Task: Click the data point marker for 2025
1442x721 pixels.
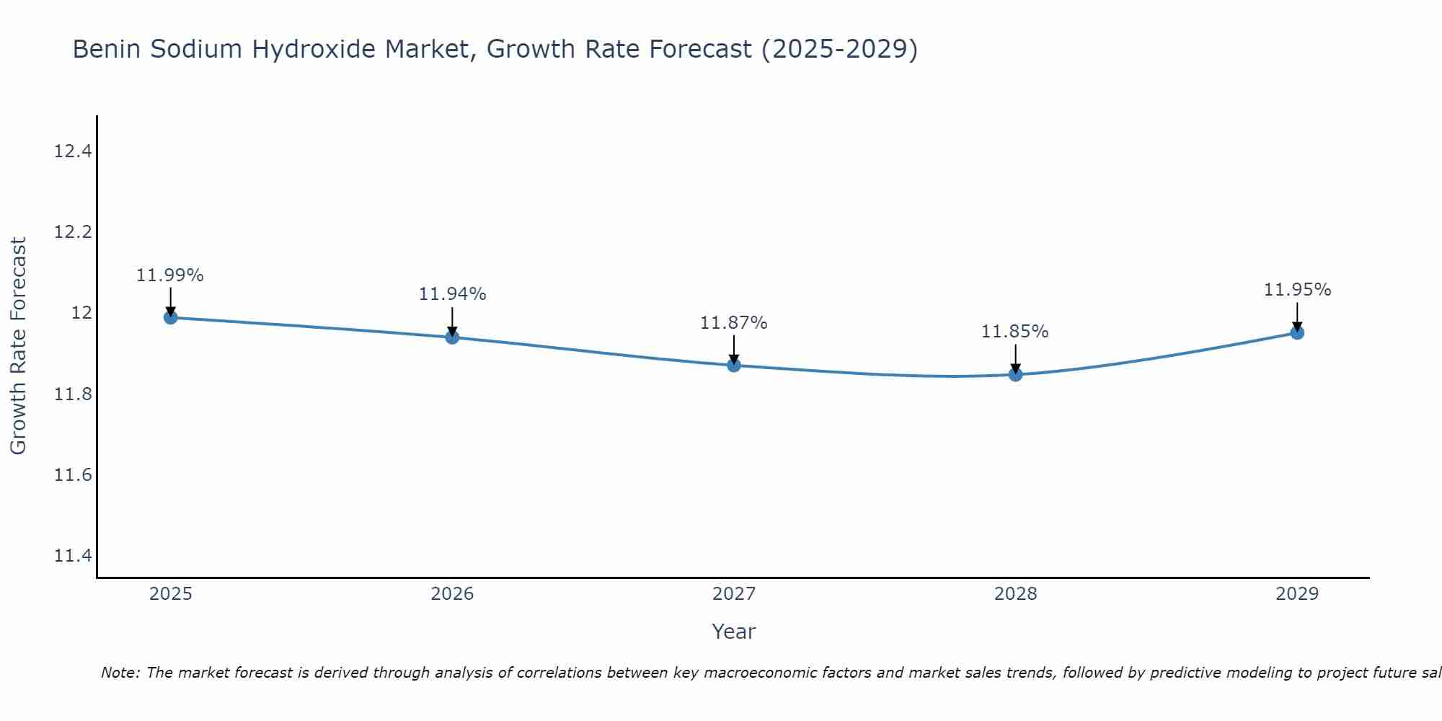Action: coord(171,317)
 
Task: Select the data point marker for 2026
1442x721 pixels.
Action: coord(452,337)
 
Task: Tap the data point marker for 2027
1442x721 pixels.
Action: coord(734,366)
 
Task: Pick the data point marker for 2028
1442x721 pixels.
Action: coord(1015,374)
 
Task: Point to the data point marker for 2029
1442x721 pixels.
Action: coord(1297,332)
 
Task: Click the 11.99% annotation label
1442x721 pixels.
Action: coord(170,275)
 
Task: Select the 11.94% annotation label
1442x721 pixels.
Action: coord(452,294)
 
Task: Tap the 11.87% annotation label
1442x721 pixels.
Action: coord(733,323)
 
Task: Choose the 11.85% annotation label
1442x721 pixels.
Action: coord(1014,332)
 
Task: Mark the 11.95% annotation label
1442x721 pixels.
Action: coord(1297,290)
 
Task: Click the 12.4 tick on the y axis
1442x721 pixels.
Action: coord(74,151)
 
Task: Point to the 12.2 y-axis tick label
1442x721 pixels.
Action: coord(74,232)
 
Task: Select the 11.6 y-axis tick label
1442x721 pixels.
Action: coord(74,475)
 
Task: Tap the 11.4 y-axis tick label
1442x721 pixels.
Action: coord(74,556)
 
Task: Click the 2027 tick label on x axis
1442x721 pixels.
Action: coord(734,594)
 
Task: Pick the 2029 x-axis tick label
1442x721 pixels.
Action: coord(1297,594)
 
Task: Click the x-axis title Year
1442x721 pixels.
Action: coord(733,632)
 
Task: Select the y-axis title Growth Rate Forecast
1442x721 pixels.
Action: coord(18,346)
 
